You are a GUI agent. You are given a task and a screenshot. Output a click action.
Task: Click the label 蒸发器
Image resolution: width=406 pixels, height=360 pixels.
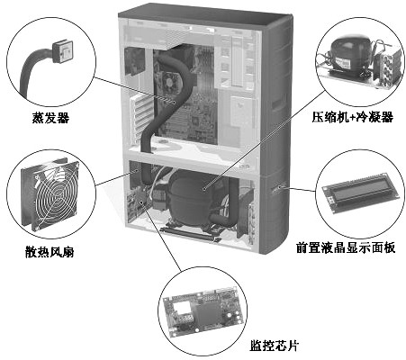pos(50,117)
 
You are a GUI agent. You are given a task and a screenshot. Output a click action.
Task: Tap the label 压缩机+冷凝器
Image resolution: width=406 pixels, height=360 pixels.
pos(352,116)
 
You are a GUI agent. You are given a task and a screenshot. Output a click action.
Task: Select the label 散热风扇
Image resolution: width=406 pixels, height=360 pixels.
pos(50,251)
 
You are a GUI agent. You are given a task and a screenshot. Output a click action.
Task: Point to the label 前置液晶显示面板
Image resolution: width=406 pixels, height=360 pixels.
pos(345,247)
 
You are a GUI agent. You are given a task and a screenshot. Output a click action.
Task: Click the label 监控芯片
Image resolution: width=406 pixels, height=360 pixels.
pos(275,346)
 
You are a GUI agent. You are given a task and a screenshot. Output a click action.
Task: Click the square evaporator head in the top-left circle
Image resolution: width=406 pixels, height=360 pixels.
pos(62,51)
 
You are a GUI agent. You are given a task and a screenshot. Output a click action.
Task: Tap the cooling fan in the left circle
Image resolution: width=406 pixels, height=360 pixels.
pos(50,195)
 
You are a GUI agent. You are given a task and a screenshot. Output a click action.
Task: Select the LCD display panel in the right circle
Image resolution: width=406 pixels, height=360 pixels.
pos(360,193)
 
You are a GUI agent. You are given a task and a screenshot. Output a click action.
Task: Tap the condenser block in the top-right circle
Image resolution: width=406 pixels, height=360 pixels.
pos(388,68)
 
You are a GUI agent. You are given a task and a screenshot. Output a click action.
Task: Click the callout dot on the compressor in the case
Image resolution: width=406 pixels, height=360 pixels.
pos(204,189)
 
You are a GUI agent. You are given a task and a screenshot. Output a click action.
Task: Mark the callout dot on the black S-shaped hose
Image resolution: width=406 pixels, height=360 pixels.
pos(174,103)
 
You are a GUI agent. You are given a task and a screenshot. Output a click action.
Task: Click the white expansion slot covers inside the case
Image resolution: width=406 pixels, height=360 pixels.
pos(140,118)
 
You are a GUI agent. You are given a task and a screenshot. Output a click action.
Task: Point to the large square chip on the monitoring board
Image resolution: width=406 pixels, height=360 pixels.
pos(206,312)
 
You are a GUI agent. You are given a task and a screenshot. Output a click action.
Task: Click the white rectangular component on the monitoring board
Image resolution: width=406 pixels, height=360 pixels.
pos(180,308)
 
